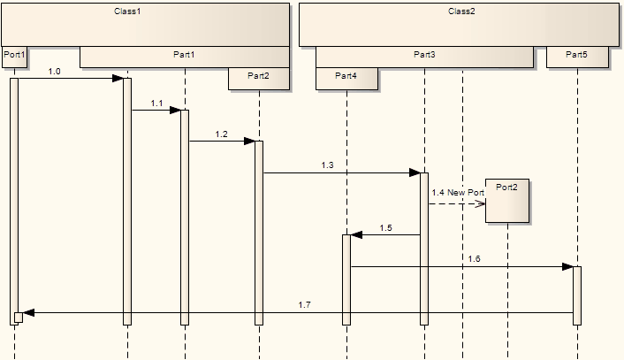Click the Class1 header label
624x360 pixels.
click(x=127, y=11)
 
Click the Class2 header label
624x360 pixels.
click(x=461, y=11)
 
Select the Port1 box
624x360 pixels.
click(x=14, y=56)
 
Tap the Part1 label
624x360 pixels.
click(x=184, y=56)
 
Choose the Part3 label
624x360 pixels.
click(x=424, y=56)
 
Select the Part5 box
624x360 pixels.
click(x=577, y=56)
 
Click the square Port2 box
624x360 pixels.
click(x=507, y=201)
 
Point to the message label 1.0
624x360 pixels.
click(x=55, y=71)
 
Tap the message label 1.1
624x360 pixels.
click(x=156, y=103)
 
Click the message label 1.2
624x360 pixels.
click(x=221, y=134)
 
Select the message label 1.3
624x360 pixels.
click(x=328, y=165)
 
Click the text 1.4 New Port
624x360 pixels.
click(x=458, y=192)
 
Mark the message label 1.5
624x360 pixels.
click(x=385, y=227)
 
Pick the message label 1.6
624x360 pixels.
click(x=475, y=258)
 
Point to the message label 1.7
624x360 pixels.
click(x=304, y=304)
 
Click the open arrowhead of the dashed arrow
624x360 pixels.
click(x=481, y=203)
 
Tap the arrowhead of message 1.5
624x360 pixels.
click(x=357, y=235)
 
